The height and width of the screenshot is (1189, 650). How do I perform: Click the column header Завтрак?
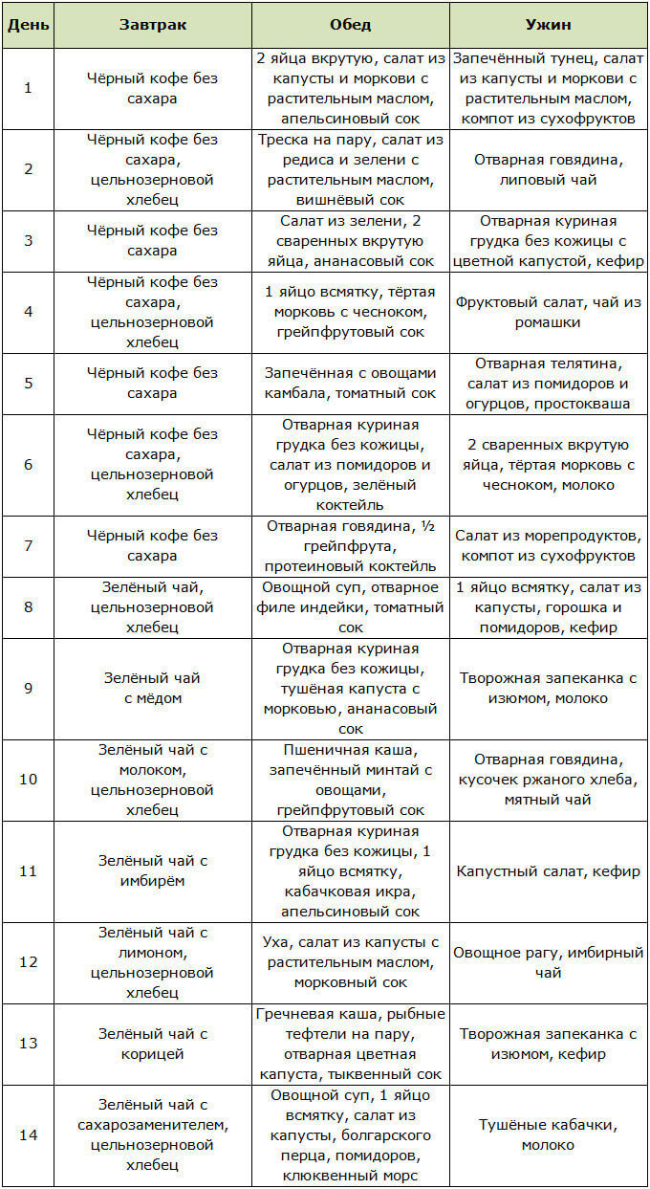147,24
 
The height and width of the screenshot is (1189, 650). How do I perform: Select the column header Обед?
350,24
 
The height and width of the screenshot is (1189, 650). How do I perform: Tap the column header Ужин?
548,24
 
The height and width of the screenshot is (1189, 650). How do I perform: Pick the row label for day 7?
28,545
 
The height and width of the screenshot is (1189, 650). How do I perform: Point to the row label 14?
28,1134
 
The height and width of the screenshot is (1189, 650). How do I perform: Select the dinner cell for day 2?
548,169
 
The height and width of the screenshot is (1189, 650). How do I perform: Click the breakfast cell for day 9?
147,688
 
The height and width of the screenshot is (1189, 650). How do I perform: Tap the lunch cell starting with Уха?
350,962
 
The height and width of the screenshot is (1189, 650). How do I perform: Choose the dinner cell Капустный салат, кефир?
548,871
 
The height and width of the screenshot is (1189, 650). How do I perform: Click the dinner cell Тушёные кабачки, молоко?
548,1134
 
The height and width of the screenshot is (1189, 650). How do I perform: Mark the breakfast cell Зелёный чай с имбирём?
147,871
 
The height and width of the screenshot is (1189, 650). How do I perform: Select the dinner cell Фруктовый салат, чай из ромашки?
548,312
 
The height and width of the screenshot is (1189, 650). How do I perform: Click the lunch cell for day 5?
350,383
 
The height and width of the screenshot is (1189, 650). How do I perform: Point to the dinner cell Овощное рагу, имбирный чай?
548,962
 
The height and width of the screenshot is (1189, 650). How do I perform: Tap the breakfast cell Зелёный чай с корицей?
147,1044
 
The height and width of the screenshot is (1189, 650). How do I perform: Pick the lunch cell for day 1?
350,88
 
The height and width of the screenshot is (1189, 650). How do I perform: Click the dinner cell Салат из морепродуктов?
548,545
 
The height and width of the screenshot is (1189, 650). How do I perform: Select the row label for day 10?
28,779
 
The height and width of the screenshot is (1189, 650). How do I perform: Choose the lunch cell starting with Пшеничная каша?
350,779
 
